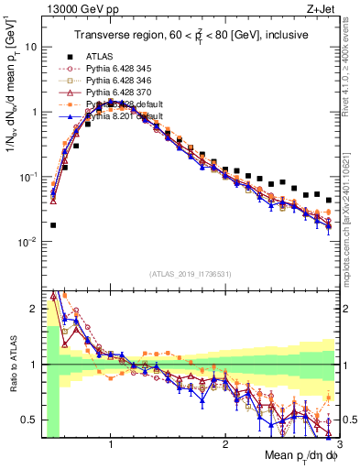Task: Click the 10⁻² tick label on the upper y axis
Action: [28, 242]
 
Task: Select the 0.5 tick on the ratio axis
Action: [30, 420]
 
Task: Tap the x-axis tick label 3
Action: [338, 444]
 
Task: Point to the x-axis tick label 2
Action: [224, 444]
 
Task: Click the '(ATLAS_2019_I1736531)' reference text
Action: [190, 274]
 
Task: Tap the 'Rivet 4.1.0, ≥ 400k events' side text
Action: [352, 74]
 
